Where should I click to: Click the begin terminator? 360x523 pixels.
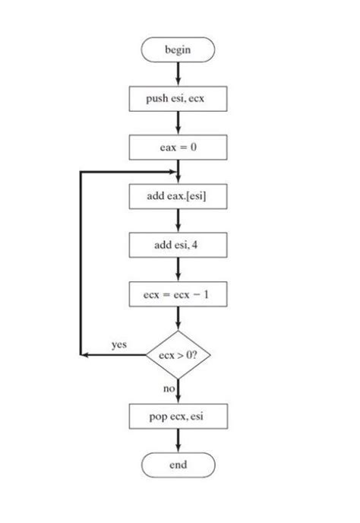point(178,50)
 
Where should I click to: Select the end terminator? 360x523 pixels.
point(178,464)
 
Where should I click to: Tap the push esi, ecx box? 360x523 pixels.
point(178,98)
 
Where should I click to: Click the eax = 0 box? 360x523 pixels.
point(178,147)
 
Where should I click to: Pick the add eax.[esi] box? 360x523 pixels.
point(178,197)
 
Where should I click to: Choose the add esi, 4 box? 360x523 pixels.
point(178,245)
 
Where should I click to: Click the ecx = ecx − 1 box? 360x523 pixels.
point(178,293)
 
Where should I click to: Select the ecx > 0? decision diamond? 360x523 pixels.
point(178,355)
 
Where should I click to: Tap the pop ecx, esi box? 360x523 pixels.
point(178,416)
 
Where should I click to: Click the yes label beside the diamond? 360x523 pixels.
point(118,345)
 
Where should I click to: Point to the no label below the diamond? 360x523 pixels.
point(169,389)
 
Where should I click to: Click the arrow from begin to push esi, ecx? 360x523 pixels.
point(178,73)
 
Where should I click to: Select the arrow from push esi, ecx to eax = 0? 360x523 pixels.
point(178,122)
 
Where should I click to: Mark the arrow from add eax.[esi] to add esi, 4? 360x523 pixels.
point(178,220)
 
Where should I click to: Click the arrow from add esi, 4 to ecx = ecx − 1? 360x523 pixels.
point(178,269)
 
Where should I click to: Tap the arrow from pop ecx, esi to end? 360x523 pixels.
point(178,440)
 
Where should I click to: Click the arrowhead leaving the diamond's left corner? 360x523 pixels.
point(85,355)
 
